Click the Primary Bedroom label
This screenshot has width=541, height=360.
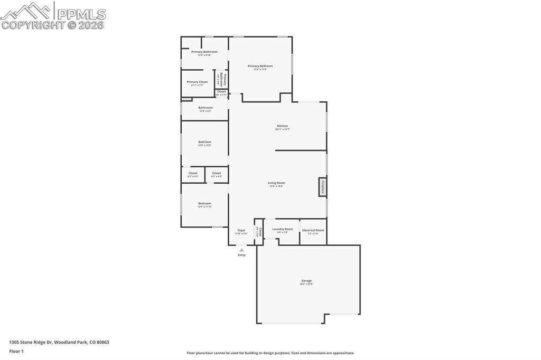click(x=260, y=66)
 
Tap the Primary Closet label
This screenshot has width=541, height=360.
click(x=197, y=82)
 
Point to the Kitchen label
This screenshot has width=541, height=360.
click(x=283, y=126)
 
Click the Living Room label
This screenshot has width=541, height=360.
click(x=276, y=183)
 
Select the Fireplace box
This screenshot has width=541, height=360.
click(x=323, y=187)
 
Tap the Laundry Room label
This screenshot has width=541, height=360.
click(x=283, y=229)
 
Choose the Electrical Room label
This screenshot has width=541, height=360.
click(x=313, y=230)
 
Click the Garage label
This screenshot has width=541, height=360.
click(x=306, y=280)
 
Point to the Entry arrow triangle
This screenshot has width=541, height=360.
click(x=241, y=250)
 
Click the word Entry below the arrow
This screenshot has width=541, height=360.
click(x=241, y=255)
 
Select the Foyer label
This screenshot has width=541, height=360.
click(x=241, y=230)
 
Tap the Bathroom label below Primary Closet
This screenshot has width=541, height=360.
click(x=205, y=108)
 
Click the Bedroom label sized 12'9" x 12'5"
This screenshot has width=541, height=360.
click(x=204, y=141)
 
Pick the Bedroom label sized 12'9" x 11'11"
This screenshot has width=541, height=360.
click(x=204, y=203)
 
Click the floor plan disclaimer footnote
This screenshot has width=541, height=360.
click(x=270, y=353)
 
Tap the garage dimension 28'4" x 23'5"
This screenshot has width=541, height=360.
click(x=306, y=284)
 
